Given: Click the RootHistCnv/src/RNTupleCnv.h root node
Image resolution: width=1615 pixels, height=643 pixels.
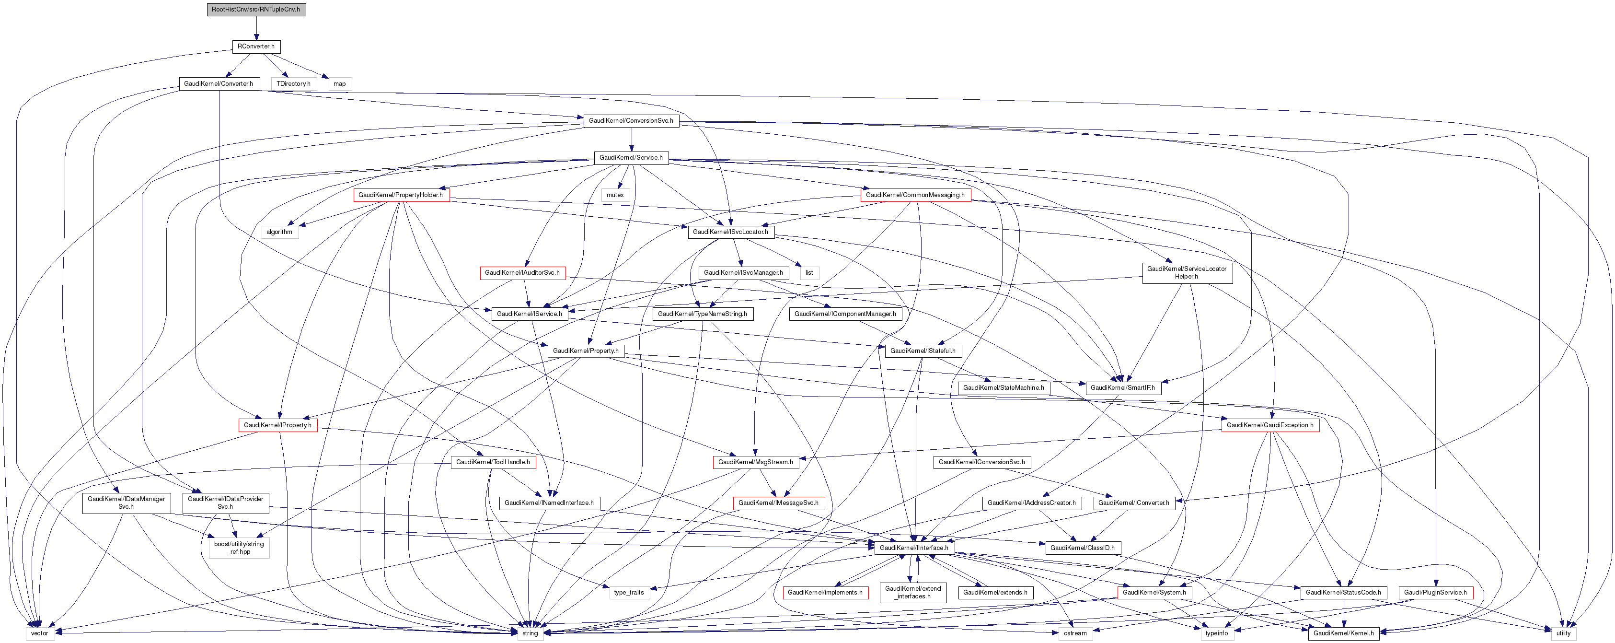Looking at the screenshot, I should click(x=256, y=10).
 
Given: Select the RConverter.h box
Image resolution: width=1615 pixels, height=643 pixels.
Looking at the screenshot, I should click(x=256, y=47).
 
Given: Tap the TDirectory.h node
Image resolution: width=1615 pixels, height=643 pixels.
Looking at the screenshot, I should click(x=293, y=83).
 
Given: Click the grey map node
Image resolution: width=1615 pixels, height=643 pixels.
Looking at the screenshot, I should click(x=339, y=83).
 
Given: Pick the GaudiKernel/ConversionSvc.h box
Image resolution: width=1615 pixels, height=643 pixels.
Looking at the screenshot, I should click(x=631, y=120).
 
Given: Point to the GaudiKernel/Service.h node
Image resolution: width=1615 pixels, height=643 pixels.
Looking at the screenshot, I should click(x=631, y=157).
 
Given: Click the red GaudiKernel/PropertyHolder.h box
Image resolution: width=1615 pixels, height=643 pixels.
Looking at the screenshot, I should click(x=400, y=195).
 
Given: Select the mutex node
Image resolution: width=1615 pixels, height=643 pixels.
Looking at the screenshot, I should click(x=615, y=195).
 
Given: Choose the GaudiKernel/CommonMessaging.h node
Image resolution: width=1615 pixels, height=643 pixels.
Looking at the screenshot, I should click(x=915, y=195).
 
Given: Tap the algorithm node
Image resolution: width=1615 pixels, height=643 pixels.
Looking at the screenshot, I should click(x=279, y=232).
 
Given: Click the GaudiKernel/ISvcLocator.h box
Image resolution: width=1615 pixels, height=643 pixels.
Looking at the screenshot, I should click(x=730, y=232).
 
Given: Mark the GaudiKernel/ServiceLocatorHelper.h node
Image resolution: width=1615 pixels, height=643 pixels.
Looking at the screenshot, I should click(x=1186, y=273).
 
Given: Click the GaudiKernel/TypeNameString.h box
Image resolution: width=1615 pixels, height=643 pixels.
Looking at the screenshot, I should click(x=702, y=314).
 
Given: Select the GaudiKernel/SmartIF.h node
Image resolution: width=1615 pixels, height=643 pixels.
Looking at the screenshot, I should click(x=1122, y=388).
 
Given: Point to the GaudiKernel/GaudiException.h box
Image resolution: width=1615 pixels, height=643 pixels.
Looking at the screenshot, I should click(x=1269, y=425).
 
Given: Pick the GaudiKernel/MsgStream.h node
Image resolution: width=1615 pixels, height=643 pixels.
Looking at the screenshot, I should click(x=755, y=462).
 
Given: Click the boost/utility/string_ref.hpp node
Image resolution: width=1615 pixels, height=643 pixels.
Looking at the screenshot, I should click(x=239, y=548).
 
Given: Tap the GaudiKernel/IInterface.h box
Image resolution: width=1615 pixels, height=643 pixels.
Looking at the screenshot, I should click(x=913, y=548).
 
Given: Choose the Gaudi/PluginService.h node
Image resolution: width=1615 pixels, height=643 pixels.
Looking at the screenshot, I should click(x=1434, y=592).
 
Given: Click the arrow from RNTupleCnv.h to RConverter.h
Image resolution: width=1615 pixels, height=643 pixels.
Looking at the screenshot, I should click(x=256, y=28).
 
